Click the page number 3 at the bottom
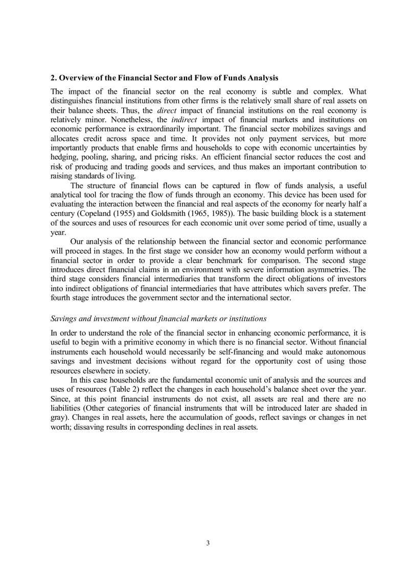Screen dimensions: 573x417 point(208,543)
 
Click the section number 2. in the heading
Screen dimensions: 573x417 point(54,78)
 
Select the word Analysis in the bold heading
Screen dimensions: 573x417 point(263,78)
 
